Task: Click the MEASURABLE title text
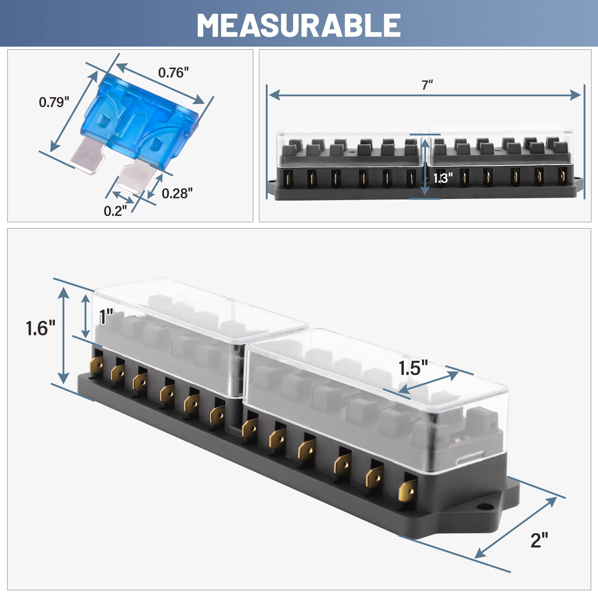[299, 25]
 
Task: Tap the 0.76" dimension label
[173, 73]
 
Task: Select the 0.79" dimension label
[54, 103]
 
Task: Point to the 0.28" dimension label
[177, 193]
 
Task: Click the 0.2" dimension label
[115, 211]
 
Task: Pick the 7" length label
[427, 85]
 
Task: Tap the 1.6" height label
[41, 328]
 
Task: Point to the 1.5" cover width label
[413, 368]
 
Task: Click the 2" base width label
[539, 540]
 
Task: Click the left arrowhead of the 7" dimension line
[274, 95]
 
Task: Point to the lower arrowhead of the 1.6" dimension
[63, 378]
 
